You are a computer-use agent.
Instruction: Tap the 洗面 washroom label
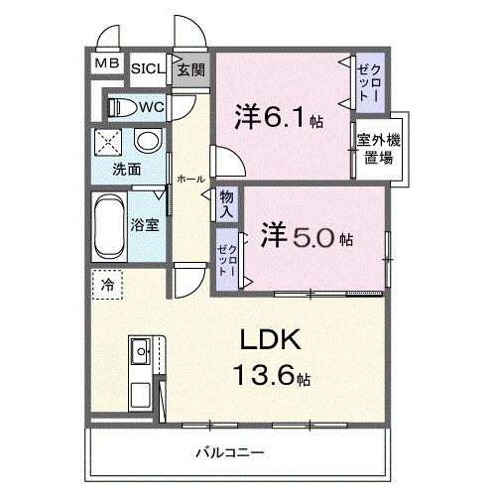[x=126, y=169]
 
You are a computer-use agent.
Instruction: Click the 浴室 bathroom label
[x=145, y=224]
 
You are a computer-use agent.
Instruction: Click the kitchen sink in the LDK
[x=141, y=350]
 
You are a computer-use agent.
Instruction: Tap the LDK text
[x=267, y=342]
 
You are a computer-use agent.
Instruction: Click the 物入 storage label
[x=227, y=205]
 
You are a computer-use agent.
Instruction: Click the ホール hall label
[x=189, y=179]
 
